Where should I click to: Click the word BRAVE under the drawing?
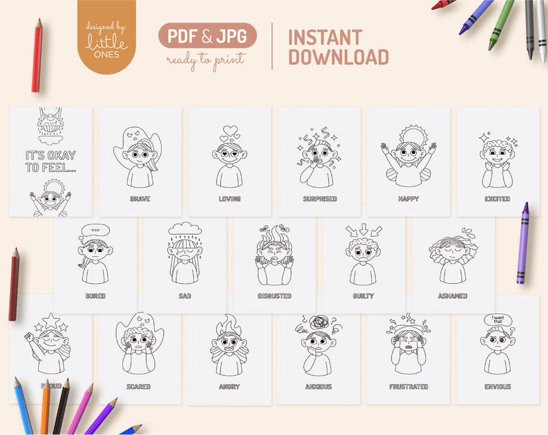[x=139, y=199]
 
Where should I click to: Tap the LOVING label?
[x=229, y=199]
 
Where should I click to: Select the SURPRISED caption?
[x=319, y=199]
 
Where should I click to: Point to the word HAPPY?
[x=408, y=199]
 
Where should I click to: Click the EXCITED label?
[x=498, y=199]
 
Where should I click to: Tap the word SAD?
[x=184, y=296]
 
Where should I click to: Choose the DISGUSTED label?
[x=274, y=296]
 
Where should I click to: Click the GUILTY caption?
[x=363, y=296]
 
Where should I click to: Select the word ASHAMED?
[x=453, y=296]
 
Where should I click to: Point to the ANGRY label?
[x=229, y=387]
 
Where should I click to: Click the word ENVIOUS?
[x=498, y=387]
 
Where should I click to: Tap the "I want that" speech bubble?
[x=498, y=319]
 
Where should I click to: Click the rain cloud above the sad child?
[x=184, y=229]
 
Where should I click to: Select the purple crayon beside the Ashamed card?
[x=522, y=242]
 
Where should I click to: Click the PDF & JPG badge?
[x=207, y=36]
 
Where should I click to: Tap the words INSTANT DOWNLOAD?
[x=338, y=47]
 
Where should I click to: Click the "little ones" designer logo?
[x=106, y=37]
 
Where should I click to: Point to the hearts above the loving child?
[x=229, y=133]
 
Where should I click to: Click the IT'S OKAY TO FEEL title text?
[x=50, y=161]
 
